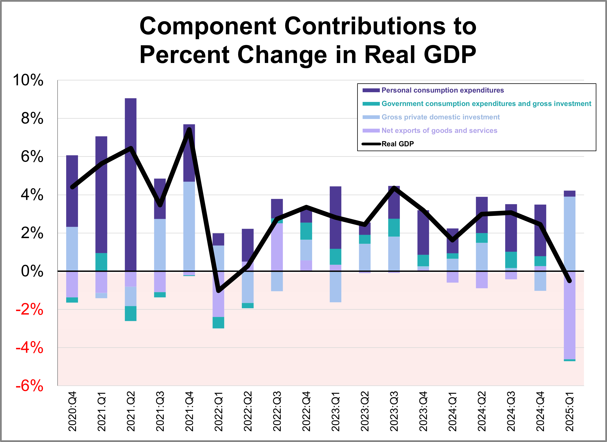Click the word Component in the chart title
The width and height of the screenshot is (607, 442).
tap(207, 26)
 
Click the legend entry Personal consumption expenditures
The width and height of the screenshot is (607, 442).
tap(442, 90)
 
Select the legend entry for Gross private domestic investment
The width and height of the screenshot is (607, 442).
tap(440, 117)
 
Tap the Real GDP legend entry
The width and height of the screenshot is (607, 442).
tap(397, 144)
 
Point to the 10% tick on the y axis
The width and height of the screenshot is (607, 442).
tap(28, 80)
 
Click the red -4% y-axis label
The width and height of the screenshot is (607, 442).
tap(29, 348)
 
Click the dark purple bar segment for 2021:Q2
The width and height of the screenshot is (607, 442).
tap(131, 185)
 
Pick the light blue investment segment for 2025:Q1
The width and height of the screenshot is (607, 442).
tap(569, 233)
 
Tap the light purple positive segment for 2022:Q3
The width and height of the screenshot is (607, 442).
tap(277, 247)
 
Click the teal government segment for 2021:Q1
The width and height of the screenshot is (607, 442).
tap(101, 262)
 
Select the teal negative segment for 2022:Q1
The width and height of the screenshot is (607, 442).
tap(218, 323)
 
